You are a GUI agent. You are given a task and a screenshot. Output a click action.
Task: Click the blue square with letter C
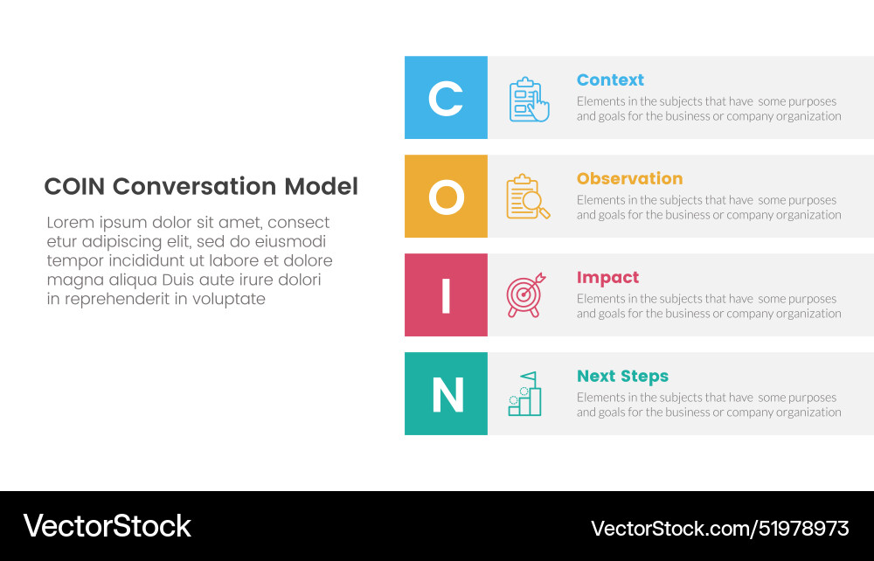pos(446,98)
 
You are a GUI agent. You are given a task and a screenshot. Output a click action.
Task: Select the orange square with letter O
pos(446,197)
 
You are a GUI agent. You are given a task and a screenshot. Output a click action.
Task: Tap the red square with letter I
pos(446,295)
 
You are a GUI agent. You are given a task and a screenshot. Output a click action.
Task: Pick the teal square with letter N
pos(446,394)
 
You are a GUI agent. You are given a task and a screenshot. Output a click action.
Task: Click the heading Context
pos(610,80)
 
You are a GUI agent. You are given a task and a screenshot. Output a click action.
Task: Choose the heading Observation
pos(629,178)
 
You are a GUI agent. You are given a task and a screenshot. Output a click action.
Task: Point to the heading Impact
pos(607,277)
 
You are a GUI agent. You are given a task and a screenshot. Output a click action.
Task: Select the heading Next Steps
pos(622,376)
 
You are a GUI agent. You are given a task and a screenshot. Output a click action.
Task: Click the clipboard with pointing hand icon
pos(529,100)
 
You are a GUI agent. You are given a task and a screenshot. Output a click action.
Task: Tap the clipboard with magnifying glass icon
pos(528,197)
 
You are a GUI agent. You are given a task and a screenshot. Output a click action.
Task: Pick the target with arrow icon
pos(527,295)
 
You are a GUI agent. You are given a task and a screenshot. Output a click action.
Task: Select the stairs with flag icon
pos(525,394)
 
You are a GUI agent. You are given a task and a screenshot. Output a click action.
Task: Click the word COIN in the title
pos(75,186)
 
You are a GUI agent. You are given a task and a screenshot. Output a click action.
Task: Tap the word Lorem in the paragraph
pos(71,223)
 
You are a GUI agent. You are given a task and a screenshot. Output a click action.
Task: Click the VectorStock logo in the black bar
pos(107,526)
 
